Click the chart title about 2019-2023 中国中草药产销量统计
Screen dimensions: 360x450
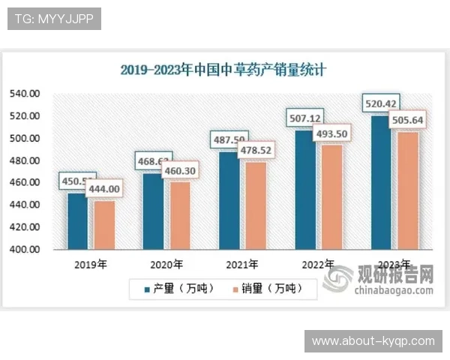pyautogui.click(x=224, y=70)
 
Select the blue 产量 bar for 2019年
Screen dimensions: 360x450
pyautogui.click(x=76, y=221)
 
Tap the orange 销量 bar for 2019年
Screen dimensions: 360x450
pyautogui.click(x=104, y=224)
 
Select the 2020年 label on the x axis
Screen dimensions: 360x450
pyautogui.click(x=166, y=264)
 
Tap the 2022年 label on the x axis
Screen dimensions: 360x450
pyautogui.click(x=318, y=264)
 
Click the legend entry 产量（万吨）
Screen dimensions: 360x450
pyautogui.click(x=172, y=288)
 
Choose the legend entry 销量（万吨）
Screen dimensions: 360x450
pyautogui.click(x=262, y=288)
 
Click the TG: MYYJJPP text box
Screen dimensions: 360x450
pyautogui.click(x=53, y=18)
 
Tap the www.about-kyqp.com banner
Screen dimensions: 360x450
pyautogui.click(x=373, y=341)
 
